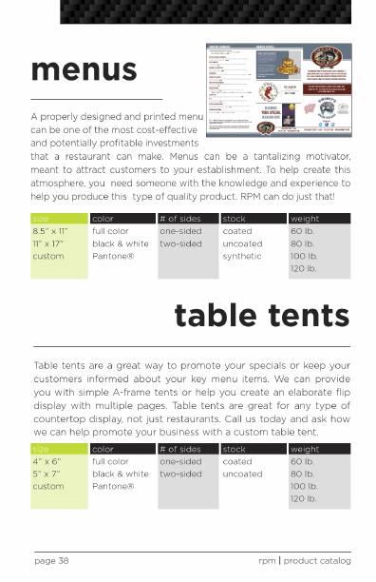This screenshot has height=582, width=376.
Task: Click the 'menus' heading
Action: tap(84, 69)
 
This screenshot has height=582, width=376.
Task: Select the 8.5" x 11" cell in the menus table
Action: tap(50, 231)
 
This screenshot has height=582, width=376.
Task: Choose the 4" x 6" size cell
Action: tap(47, 461)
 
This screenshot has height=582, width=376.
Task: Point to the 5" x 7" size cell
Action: tap(47, 474)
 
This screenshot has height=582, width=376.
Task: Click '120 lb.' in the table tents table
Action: tap(303, 498)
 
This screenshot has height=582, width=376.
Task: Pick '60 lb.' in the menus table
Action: tap(302, 231)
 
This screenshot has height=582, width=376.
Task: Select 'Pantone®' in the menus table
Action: tap(113, 256)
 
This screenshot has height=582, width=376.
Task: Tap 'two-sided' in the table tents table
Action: tap(180, 474)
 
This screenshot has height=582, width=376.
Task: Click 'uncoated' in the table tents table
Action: tap(242, 474)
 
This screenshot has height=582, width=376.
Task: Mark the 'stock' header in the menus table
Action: tap(234, 219)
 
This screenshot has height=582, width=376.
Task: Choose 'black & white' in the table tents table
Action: tap(121, 474)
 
